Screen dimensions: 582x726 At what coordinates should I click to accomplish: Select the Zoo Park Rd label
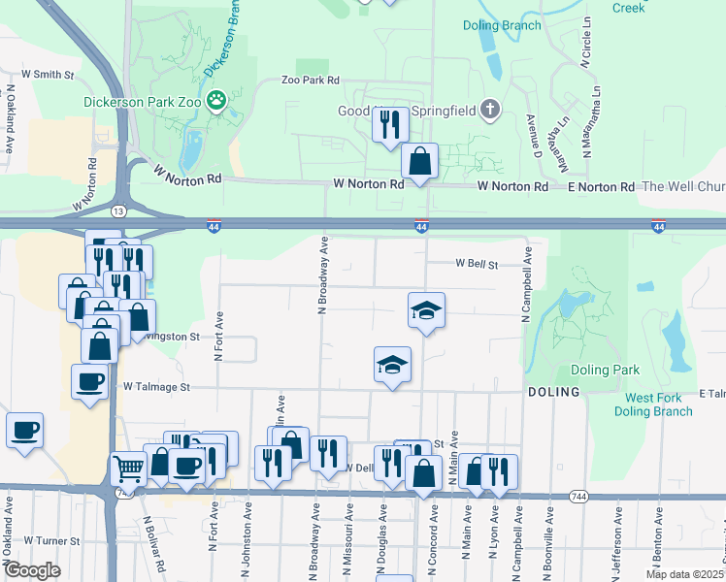[310, 81]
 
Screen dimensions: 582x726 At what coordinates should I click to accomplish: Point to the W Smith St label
[41, 74]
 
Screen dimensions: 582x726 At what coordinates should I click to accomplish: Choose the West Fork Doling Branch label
[659, 404]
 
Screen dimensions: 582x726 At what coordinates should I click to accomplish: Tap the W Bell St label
[477, 263]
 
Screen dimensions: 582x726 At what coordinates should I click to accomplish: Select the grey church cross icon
[490, 110]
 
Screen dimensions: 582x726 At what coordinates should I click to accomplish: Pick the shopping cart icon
[128, 469]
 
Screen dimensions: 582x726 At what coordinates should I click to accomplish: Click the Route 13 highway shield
[117, 210]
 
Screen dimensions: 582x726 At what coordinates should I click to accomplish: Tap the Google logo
[32, 570]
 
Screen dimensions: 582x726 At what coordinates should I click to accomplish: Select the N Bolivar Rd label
[148, 541]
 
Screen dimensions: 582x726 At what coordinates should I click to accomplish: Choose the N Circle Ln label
[587, 42]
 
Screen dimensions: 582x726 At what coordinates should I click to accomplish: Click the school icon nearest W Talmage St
[392, 365]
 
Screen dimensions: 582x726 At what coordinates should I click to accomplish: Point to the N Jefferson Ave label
[618, 543]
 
